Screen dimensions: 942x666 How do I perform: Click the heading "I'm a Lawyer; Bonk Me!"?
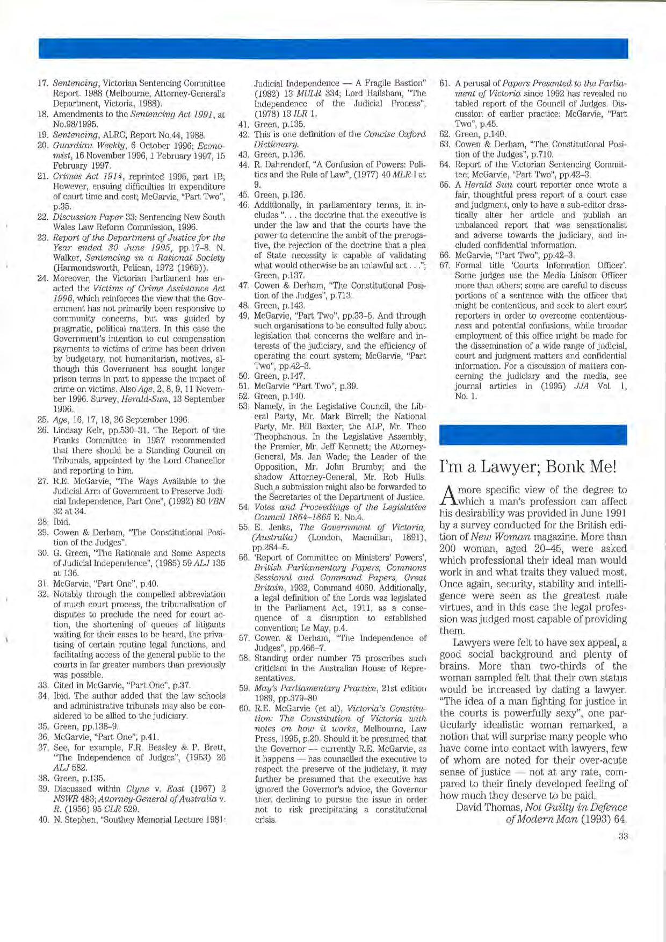click(x=529, y=467)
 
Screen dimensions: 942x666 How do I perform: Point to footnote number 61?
click(x=444, y=84)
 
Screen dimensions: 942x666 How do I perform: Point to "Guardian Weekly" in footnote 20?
click(x=79, y=145)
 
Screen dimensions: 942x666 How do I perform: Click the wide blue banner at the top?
click(x=333, y=48)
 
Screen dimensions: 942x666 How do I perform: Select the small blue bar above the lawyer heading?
click(x=533, y=434)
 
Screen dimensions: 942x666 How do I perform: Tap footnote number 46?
click(x=243, y=205)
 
